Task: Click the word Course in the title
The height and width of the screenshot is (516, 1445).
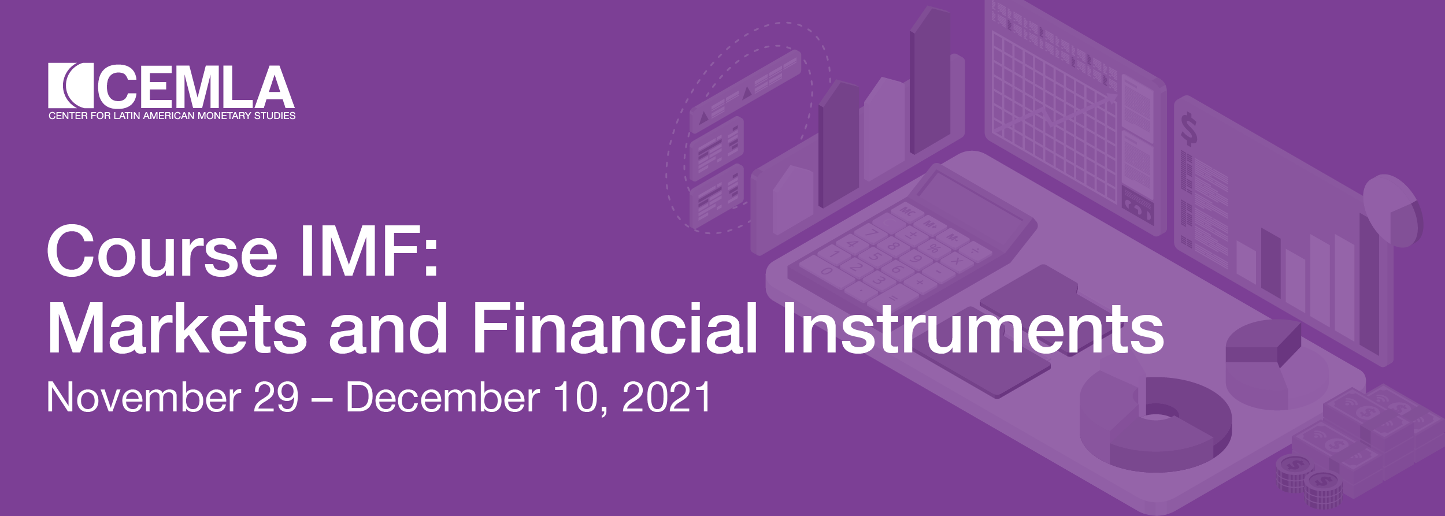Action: coord(162,251)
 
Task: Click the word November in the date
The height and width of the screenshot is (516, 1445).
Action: coord(144,397)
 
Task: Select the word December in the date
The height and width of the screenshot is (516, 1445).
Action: coord(443,397)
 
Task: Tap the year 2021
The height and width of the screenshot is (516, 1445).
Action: coord(666,397)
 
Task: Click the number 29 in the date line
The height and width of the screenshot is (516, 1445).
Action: coord(276,397)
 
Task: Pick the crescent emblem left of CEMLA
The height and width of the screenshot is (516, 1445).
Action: coord(71,85)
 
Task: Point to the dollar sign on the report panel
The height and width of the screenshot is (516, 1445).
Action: coord(1188,129)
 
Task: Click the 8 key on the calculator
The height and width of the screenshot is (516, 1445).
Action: coord(894,247)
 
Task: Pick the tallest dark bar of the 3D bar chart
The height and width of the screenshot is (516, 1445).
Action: coord(929,81)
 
